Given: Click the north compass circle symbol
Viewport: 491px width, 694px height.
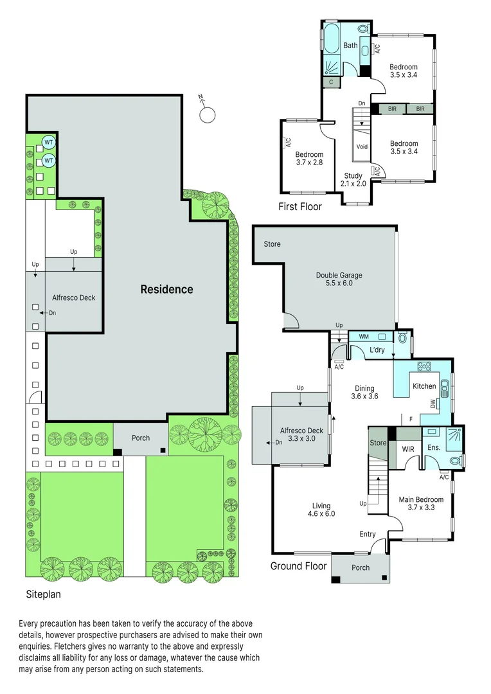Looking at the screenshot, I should tap(208, 114).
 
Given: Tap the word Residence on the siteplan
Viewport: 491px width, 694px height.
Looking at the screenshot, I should tap(166, 289).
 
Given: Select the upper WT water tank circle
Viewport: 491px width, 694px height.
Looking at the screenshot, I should tap(49, 142).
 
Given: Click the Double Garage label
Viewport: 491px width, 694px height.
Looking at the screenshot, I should tap(339, 276).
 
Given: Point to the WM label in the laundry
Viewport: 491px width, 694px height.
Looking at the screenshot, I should tap(363, 336).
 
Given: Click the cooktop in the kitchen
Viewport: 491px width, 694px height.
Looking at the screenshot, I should tap(424, 367).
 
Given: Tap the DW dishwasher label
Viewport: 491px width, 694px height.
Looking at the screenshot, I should tap(433, 404).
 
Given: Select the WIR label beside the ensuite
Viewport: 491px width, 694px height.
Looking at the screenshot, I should tap(407, 448).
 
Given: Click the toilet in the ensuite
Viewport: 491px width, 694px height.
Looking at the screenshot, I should tap(455, 460).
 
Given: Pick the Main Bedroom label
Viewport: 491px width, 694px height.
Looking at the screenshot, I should tap(421, 499).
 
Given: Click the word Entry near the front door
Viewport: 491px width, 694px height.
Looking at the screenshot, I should tap(368, 534).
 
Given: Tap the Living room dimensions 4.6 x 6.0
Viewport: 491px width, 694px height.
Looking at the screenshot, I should tap(321, 513).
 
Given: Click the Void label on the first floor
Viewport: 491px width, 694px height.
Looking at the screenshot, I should tap(362, 147).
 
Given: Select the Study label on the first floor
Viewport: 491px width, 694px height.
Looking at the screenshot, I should tap(353, 175).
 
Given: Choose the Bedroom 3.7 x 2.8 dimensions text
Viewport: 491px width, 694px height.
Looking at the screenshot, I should tap(309, 163).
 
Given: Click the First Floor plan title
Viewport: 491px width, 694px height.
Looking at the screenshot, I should tap(299, 207).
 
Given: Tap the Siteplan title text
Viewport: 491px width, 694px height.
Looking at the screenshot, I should tap(43, 594).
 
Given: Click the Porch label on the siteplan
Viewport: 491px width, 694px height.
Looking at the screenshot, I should tap(141, 438).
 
